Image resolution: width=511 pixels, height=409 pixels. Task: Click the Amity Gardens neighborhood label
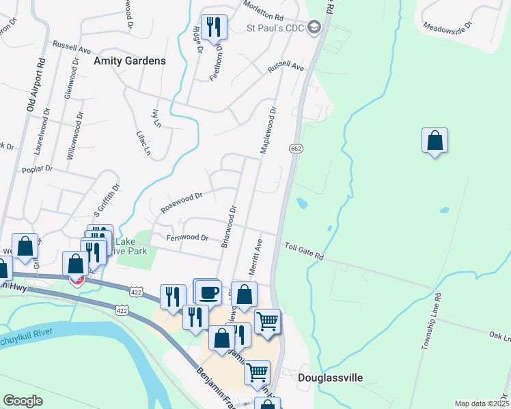tap(130, 61)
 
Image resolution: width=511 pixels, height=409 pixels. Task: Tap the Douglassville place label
tap(330, 377)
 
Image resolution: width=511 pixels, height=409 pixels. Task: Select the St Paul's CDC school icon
tap(314, 28)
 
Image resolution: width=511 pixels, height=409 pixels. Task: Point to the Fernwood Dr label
tap(187, 238)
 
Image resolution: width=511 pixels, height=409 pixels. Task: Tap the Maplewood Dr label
tap(268, 130)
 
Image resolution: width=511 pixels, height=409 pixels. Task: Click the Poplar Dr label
tap(37, 168)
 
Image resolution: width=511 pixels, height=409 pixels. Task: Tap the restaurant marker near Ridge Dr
tap(214, 27)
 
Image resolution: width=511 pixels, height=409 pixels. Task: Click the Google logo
tap(23, 401)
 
